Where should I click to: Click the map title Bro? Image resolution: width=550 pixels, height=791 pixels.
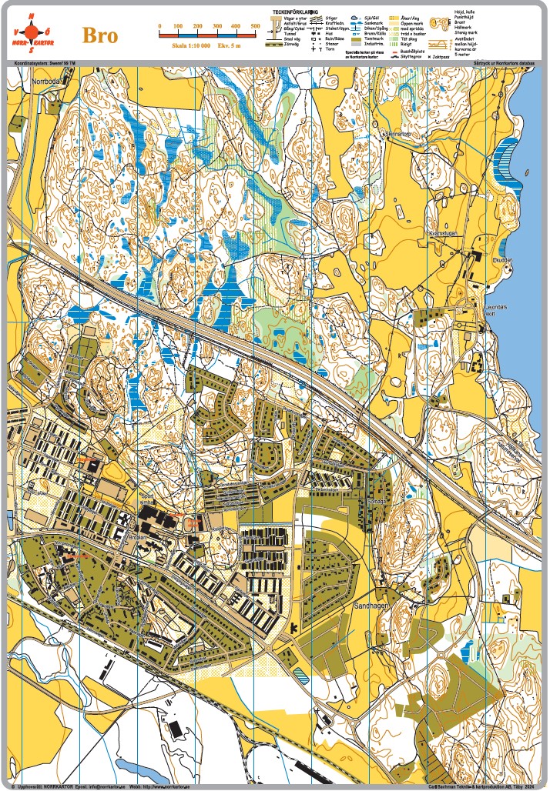(x=101, y=35)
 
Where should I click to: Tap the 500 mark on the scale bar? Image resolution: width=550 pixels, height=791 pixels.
(x=255, y=27)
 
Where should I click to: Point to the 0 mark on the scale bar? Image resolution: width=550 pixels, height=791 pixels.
(x=159, y=27)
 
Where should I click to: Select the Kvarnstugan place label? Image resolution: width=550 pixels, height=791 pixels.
(x=444, y=232)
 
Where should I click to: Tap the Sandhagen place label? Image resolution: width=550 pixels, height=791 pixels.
(x=371, y=606)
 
